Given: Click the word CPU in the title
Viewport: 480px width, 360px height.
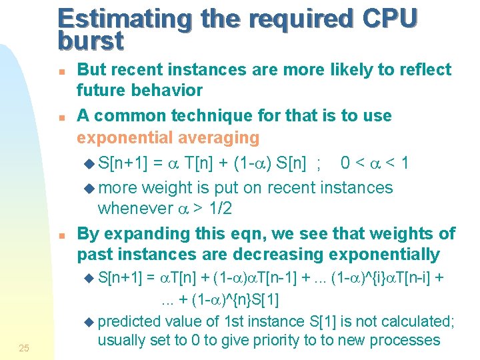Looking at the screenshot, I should click(387, 19).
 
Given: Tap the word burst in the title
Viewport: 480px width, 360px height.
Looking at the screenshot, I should click(91, 41).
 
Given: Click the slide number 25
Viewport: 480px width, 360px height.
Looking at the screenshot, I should click(24, 347).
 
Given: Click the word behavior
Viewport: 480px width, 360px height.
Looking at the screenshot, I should click(166, 90).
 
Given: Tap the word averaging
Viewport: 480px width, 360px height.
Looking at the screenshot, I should click(217, 138).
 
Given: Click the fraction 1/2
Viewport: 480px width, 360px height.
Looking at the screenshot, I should click(219, 209).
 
